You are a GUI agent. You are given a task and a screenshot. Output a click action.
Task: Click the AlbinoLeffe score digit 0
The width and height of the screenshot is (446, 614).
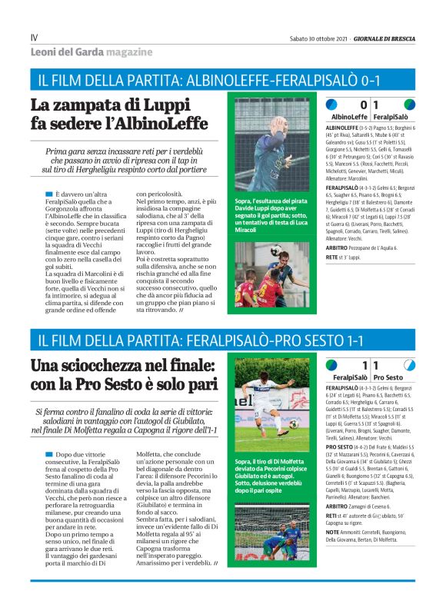tap(364, 105)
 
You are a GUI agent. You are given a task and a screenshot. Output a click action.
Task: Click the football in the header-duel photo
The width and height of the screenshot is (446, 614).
tap(274, 251)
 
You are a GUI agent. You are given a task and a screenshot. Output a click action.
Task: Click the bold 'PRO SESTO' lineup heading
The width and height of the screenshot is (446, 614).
tap(342, 446)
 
